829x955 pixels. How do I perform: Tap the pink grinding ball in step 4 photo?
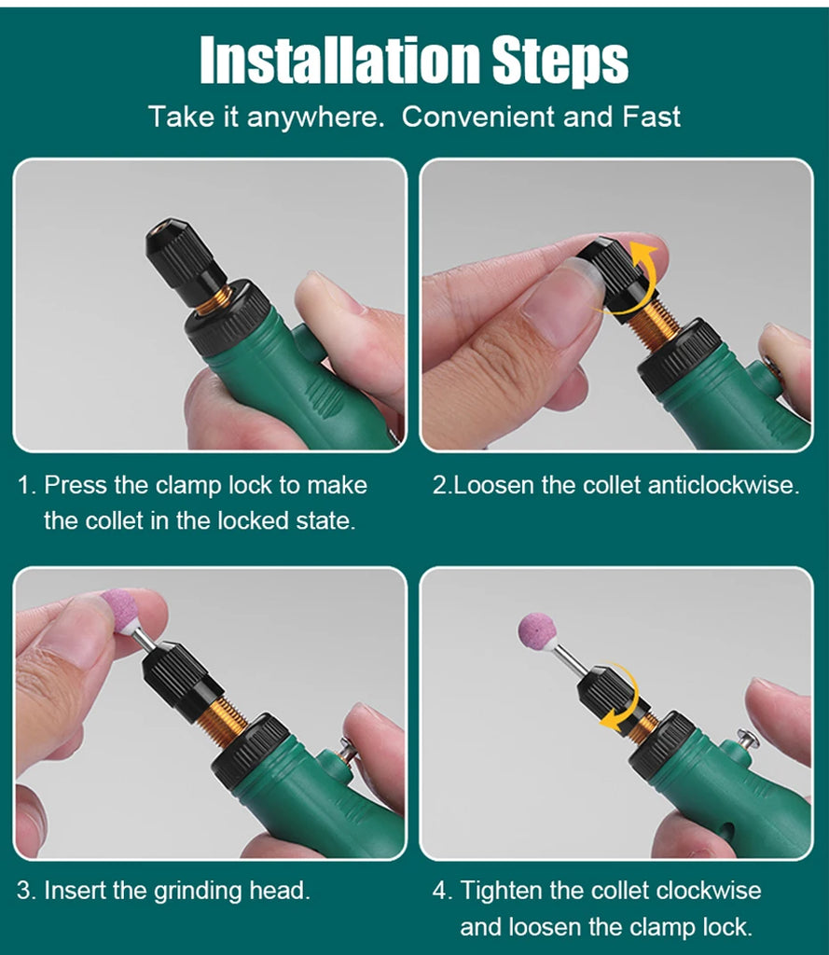pyautogui.click(x=537, y=630)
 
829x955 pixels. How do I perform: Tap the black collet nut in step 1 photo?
pyautogui.click(x=183, y=253)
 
